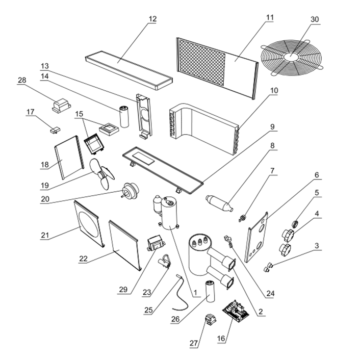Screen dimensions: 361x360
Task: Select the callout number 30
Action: point(315,19)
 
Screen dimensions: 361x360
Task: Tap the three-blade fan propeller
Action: point(101,174)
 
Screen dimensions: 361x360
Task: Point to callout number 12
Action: point(152,19)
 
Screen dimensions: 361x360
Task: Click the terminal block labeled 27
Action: point(210,320)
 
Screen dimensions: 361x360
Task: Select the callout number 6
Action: point(317,175)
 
